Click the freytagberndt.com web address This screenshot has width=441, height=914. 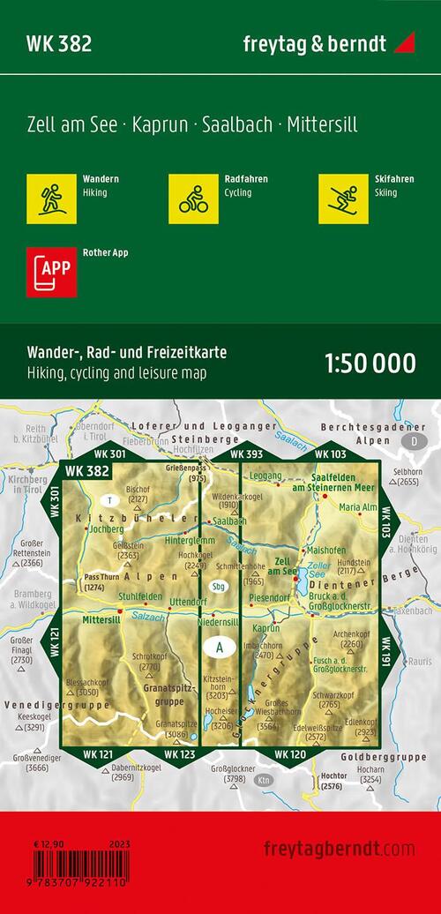tap(339, 848)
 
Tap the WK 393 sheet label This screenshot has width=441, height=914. tap(247, 454)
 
